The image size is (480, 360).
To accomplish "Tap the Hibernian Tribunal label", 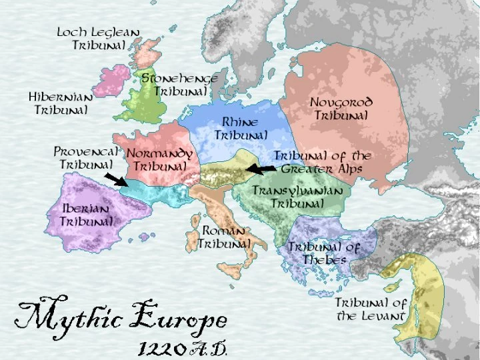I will click(x=61, y=103).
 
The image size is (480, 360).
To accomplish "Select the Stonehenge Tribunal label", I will click(x=179, y=84).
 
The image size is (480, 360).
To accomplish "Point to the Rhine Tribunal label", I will click(x=240, y=129).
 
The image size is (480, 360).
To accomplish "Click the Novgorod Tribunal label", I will click(x=341, y=109).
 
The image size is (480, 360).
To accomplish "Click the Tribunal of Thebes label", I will click(x=323, y=253).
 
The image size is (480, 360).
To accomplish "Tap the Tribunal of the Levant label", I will click(x=370, y=309).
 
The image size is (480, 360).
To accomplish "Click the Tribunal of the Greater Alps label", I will click(x=323, y=162).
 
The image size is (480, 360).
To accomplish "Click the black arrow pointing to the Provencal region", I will click(x=117, y=179).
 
